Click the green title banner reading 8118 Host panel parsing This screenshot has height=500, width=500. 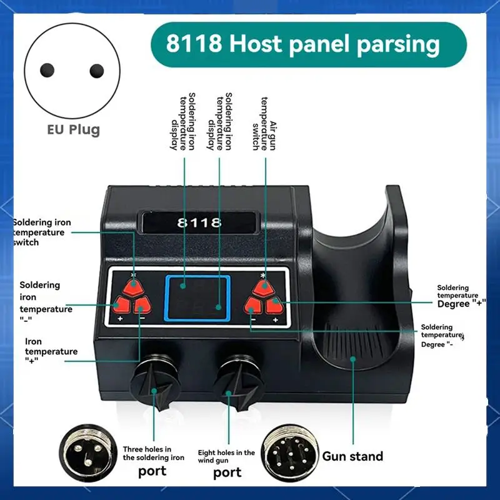click(309, 44)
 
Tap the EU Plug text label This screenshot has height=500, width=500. click(74, 130)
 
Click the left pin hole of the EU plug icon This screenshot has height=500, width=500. click(47, 70)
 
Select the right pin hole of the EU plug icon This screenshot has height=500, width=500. click(97, 71)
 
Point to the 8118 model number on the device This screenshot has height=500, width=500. click(199, 222)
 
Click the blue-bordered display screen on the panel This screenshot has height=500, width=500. click(197, 298)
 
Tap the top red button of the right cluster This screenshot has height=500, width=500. click(264, 287)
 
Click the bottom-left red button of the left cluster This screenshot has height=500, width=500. click(121, 305)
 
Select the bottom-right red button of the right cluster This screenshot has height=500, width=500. click(274, 306)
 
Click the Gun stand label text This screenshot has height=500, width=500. click(352, 456)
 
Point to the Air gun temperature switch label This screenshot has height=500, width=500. click(264, 124)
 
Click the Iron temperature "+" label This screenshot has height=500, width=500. click(51, 351)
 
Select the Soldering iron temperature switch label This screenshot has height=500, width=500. click(42, 232)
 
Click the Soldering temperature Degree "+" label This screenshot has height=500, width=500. click(461, 296)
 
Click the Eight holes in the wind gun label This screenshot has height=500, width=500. click(226, 456)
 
